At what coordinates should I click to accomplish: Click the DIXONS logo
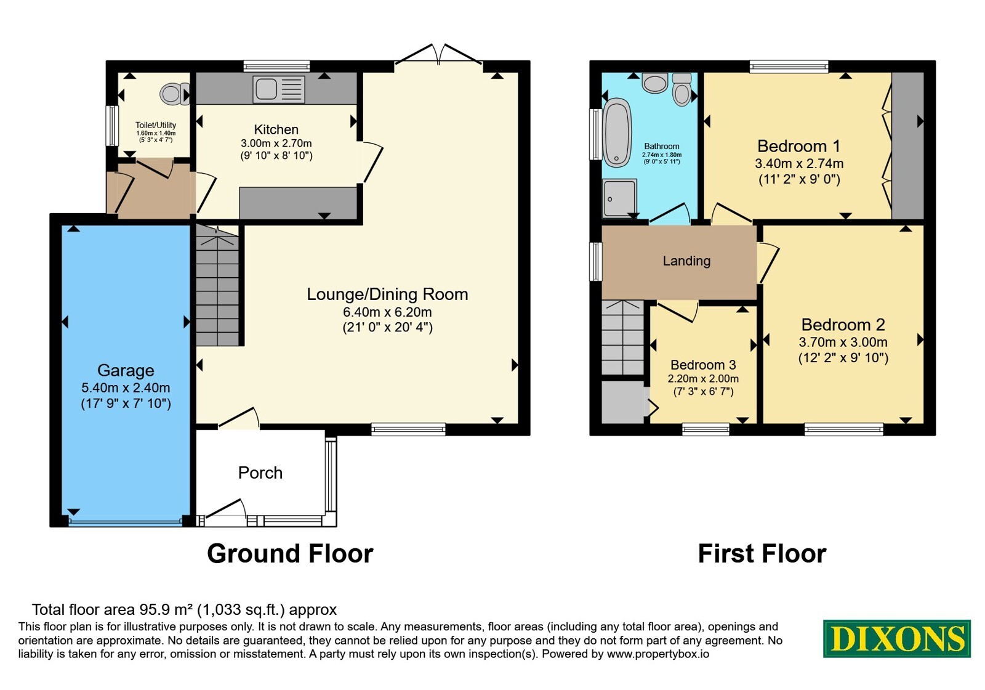pos(896,638)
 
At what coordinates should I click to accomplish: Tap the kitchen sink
pos(279,89)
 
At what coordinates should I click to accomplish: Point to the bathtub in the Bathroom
pos(617,132)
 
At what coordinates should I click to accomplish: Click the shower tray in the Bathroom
pos(620,198)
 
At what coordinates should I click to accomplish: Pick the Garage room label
pos(126,370)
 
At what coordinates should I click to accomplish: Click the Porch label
pos(260,473)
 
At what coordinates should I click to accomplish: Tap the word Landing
pos(686,261)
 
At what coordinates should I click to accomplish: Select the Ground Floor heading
pos(290,553)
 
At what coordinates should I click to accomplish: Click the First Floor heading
pos(762,553)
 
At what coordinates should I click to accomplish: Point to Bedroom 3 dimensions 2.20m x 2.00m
pos(703,378)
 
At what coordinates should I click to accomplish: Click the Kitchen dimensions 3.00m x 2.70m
pos(276,143)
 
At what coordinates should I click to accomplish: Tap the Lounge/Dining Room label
pos(387,294)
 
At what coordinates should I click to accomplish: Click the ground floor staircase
pos(217,285)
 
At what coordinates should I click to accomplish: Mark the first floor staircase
pos(622,338)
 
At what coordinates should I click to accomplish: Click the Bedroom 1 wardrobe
pos(907,145)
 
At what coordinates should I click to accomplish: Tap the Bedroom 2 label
pos(843,325)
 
